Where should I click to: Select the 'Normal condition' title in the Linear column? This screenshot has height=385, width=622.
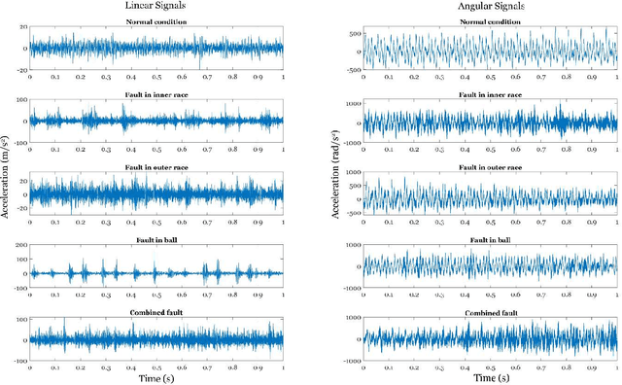(x=156, y=21)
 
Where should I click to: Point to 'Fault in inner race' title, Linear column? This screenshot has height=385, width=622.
(x=156, y=97)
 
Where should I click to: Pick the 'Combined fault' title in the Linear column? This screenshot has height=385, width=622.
(x=156, y=312)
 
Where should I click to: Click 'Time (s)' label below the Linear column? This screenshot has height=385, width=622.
(x=156, y=377)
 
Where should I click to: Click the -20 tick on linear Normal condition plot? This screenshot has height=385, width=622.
(x=18, y=70)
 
